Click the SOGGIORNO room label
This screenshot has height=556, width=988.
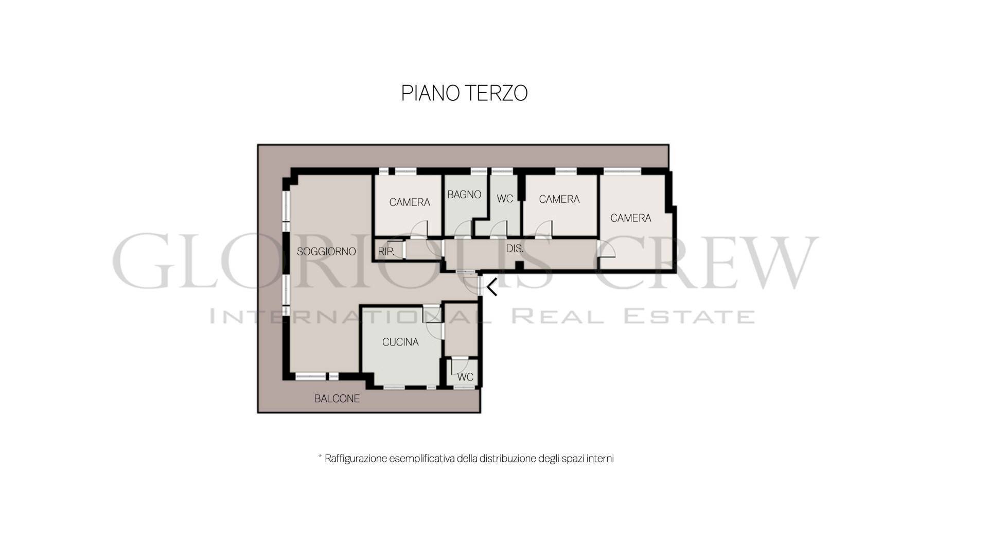point(326,251)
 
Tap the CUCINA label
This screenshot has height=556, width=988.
point(400,342)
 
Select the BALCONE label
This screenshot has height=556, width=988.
point(337,398)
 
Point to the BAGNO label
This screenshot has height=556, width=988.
point(464,195)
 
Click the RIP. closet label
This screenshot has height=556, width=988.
point(386,252)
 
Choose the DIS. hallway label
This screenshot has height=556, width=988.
point(515,249)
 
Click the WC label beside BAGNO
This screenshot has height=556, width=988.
point(505,199)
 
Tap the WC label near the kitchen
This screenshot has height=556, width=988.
point(465,377)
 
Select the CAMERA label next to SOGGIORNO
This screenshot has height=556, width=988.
point(410,202)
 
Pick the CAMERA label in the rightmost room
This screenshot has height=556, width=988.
point(631,218)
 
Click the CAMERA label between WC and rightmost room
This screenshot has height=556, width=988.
point(559,199)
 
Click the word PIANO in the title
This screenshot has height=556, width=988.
point(430,93)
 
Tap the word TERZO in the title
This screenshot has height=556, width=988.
point(496,93)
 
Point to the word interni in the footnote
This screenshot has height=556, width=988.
point(600,458)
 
